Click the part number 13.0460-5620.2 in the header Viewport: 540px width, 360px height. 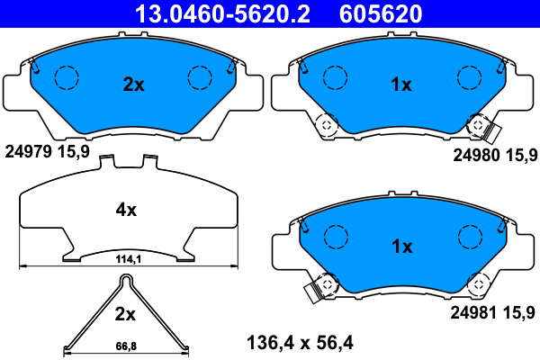coord(223,14)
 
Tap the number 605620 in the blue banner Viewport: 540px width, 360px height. coord(381,14)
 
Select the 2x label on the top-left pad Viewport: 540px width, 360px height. coord(133,85)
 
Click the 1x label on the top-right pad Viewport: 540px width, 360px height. coord(401,85)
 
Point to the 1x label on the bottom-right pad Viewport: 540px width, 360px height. coord(402,247)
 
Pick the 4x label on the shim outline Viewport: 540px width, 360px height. coord(126,210)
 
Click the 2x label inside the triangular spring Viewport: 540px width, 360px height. coord(125,314)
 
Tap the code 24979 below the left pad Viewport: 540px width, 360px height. coord(28,151)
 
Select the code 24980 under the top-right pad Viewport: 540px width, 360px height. coord(476,156)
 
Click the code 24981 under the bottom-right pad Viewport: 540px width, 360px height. coord(474,313)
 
